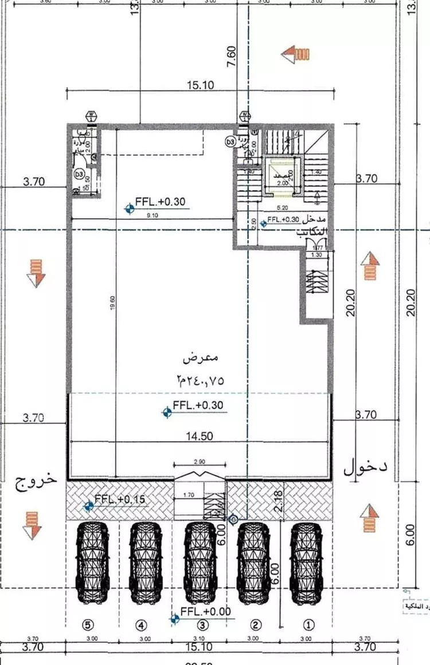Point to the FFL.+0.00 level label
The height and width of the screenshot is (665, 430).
point(205,612)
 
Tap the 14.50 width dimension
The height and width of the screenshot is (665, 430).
point(200,436)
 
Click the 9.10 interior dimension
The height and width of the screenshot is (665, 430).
point(152,215)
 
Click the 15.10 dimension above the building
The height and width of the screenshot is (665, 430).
point(200,85)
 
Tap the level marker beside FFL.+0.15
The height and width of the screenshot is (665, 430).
point(88,505)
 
